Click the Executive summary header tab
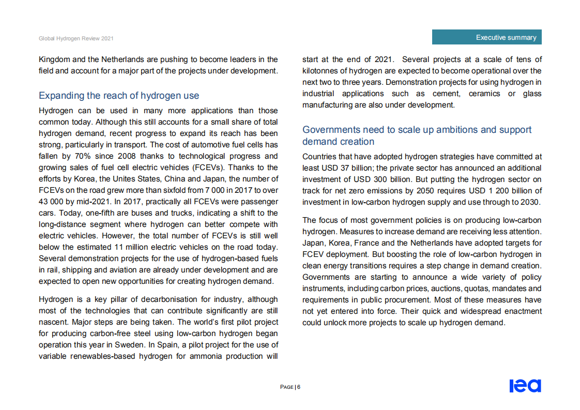(x=486, y=37)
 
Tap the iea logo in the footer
(x=525, y=386)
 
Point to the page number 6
(x=299, y=387)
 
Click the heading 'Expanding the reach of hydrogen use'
(x=119, y=96)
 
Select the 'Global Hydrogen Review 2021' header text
(x=76, y=39)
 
